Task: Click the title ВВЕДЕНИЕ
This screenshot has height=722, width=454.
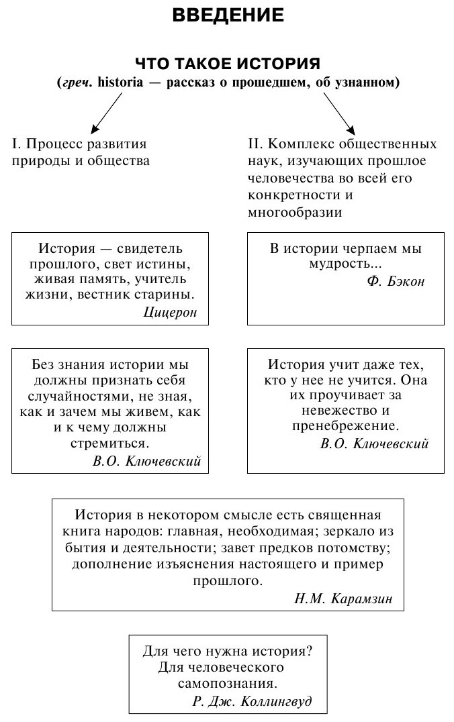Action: point(228,14)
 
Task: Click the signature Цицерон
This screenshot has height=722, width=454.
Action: point(171,311)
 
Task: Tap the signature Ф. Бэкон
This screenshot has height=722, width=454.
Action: point(396,281)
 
